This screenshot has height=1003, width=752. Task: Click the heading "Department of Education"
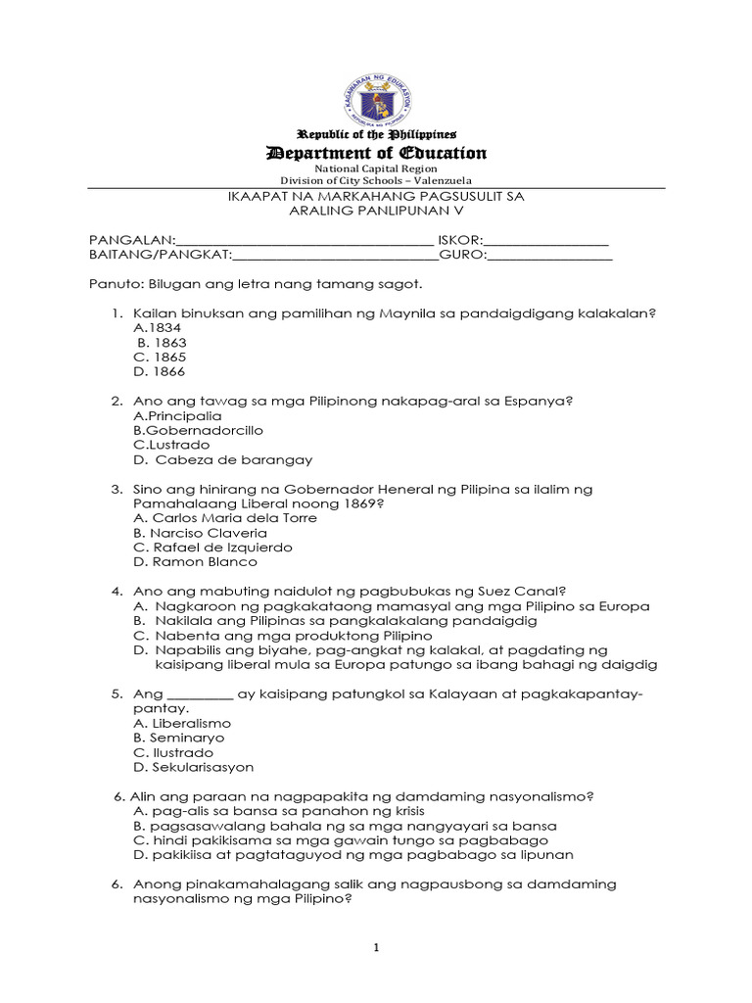click(377, 153)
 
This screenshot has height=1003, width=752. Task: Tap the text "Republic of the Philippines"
click(377, 133)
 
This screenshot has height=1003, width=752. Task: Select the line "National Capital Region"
click(377, 168)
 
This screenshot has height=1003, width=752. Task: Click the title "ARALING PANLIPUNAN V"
click(377, 211)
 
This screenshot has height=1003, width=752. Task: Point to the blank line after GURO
click(549, 257)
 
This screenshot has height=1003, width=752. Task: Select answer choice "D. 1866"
click(160, 372)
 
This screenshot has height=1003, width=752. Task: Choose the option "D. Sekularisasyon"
click(193, 767)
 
